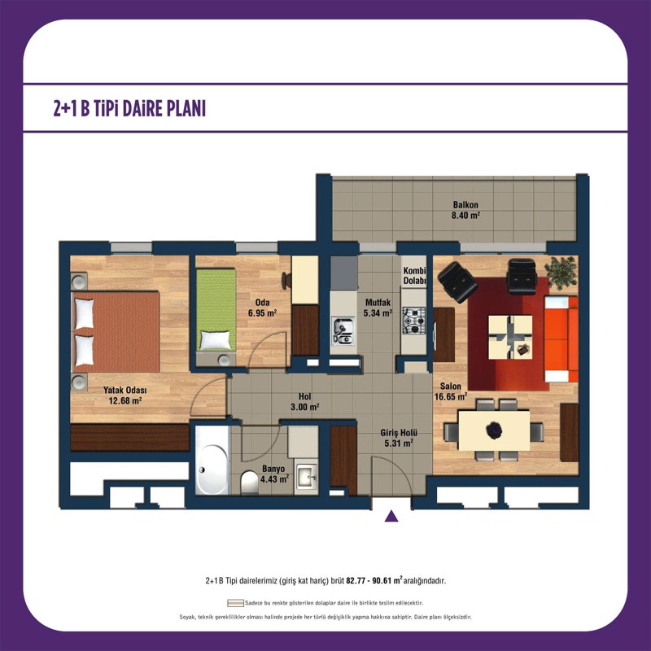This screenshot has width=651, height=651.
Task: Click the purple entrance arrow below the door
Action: (x=391, y=516)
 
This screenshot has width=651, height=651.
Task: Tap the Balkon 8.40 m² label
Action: (x=465, y=210)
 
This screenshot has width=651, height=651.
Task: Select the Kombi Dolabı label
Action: (x=414, y=276)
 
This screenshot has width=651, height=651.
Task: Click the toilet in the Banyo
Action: (x=249, y=482)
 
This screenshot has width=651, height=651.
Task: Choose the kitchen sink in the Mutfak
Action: (x=343, y=331)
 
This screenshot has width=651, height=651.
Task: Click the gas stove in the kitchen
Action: (x=413, y=321)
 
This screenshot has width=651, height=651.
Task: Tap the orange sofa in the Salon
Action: (x=561, y=339)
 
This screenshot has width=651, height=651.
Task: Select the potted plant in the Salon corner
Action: (x=561, y=273)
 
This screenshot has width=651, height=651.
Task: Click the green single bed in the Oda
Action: (x=216, y=310)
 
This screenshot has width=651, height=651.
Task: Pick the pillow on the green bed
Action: (x=216, y=340)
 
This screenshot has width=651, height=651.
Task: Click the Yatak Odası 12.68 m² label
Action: (x=125, y=395)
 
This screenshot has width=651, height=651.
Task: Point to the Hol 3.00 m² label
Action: (x=304, y=402)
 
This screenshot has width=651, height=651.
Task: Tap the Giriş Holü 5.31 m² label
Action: (x=399, y=438)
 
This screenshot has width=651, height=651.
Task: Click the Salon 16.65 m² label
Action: (x=451, y=391)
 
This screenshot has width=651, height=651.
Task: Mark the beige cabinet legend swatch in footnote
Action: (x=235, y=603)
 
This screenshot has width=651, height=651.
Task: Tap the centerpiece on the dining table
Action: (x=494, y=430)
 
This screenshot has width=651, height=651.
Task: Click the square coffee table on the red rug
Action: (x=510, y=337)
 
